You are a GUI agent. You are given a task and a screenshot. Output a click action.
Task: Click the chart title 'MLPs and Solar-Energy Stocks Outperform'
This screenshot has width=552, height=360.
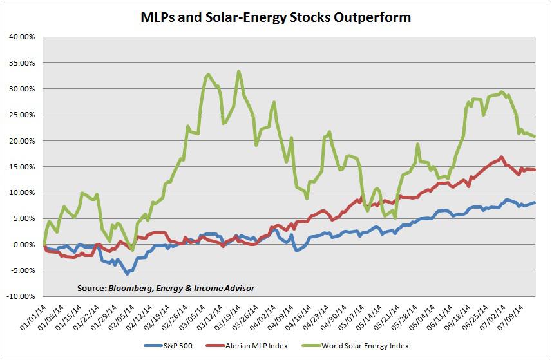[276, 17]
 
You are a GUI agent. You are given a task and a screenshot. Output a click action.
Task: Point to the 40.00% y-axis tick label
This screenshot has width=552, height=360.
[22, 37]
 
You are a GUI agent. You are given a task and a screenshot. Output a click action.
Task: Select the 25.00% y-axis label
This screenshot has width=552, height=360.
[22, 115]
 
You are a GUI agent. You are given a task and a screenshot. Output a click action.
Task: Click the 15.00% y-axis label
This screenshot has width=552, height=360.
[22, 167]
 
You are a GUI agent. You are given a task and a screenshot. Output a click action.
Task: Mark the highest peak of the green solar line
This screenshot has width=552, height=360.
[239, 71]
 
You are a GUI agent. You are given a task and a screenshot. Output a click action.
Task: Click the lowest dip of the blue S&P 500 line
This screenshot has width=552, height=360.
[127, 274]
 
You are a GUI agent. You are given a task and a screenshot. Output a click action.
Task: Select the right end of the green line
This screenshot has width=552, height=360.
[535, 137]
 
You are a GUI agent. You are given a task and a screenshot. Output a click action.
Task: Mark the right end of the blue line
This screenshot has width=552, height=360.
[535, 203]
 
